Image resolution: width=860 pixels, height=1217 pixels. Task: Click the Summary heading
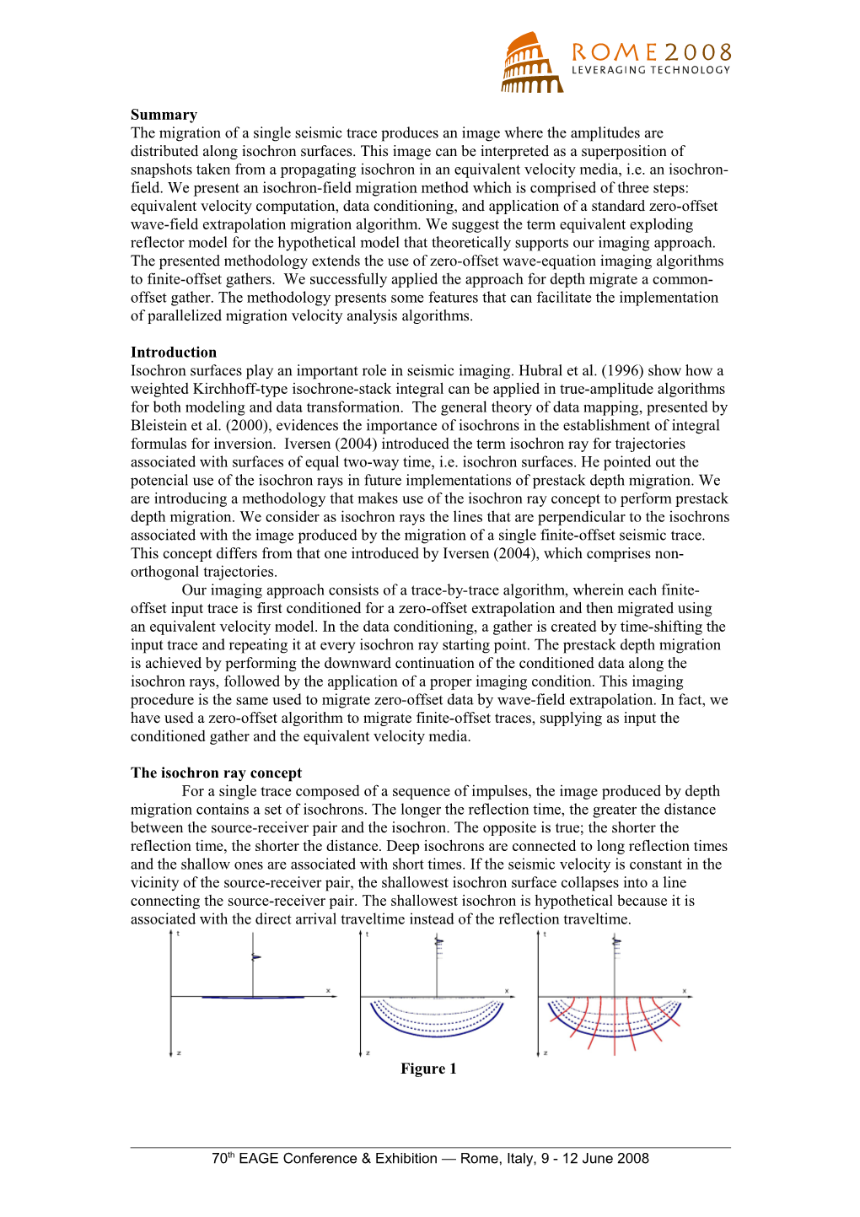(x=164, y=115)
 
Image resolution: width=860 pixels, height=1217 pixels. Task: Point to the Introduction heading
(x=174, y=353)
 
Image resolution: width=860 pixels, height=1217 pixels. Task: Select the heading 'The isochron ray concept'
(x=216, y=773)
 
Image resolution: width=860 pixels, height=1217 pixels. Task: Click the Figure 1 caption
(x=428, y=1069)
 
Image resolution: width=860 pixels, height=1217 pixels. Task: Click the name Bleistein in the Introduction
(x=160, y=426)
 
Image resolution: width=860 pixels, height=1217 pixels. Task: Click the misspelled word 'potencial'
(x=160, y=481)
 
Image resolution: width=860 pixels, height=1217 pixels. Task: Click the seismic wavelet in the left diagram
(x=255, y=957)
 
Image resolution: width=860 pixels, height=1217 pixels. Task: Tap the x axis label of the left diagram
(x=328, y=991)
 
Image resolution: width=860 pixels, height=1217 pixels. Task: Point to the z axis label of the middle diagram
(x=368, y=1053)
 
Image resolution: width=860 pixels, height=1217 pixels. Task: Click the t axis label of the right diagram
(x=545, y=934)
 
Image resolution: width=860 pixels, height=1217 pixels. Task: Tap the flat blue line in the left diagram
(x=253, y=998)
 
